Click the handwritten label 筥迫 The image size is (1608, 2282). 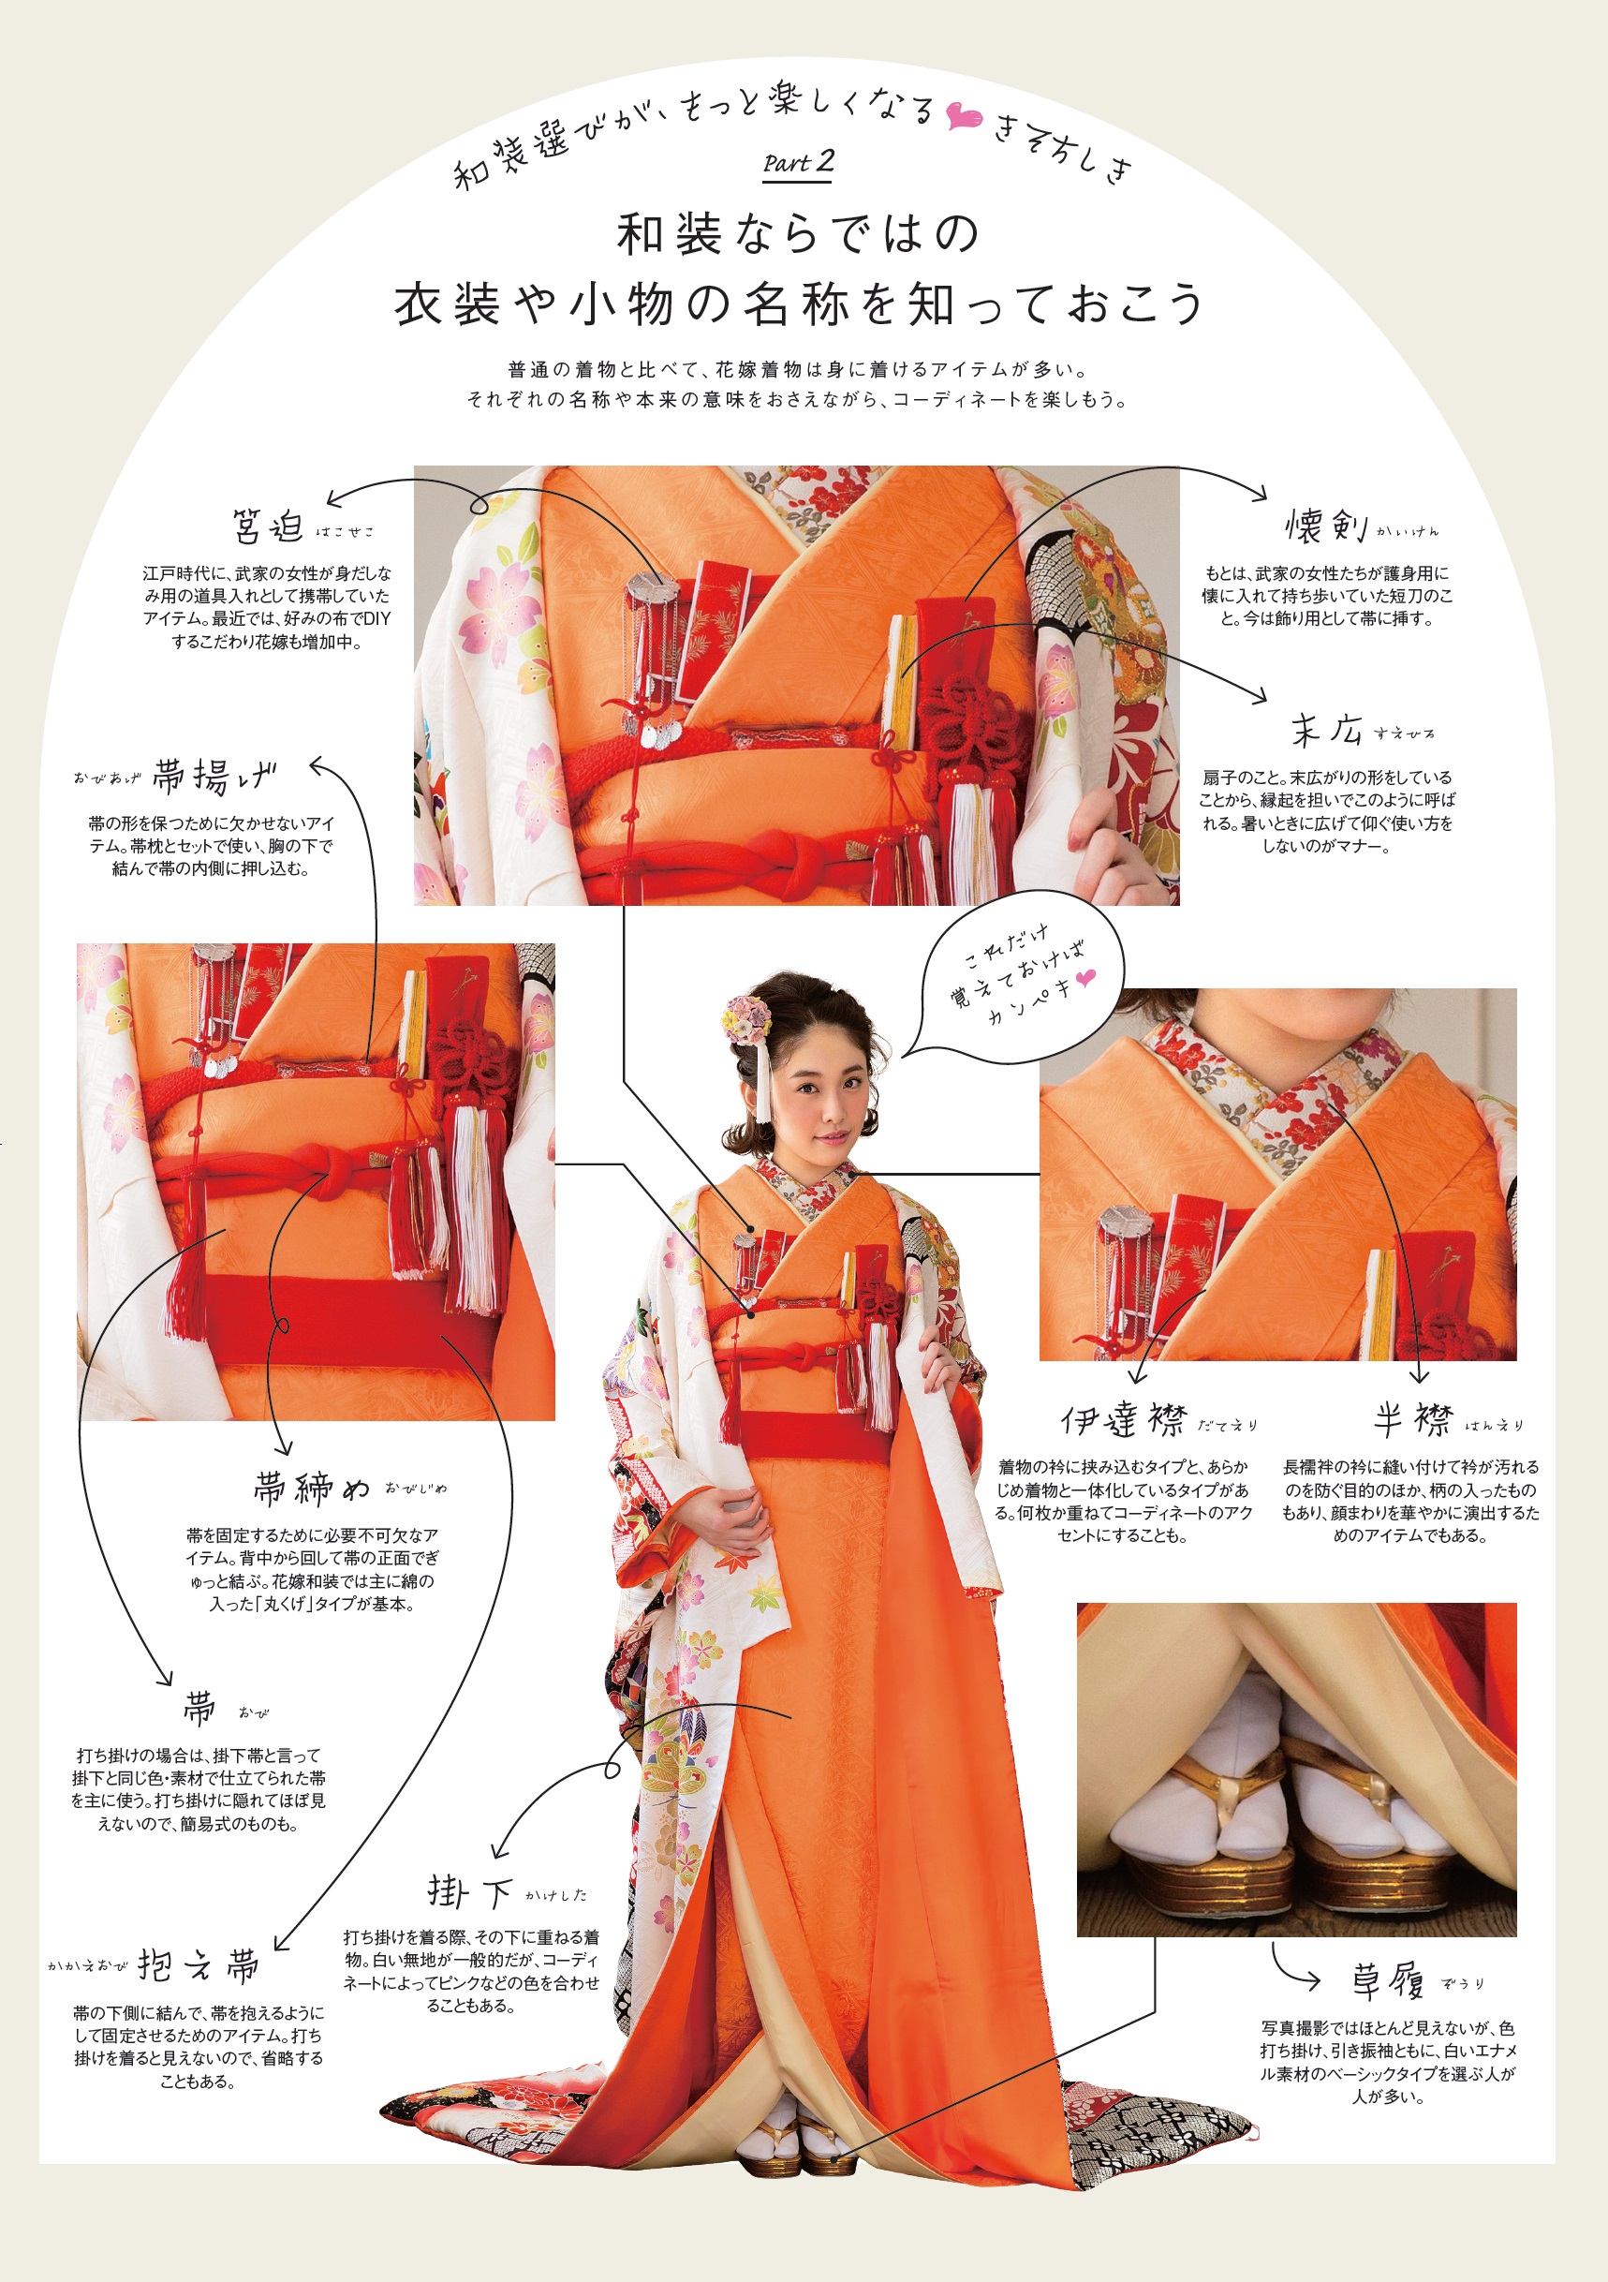267,526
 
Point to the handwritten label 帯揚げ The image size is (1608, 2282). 214,777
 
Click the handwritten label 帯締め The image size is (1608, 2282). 311,1487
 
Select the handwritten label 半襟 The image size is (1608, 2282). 1413,1420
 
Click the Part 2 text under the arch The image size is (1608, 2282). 798,163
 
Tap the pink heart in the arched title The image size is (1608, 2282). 962,116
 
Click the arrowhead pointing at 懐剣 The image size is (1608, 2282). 1261,493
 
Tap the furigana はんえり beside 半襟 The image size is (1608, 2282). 1493,1425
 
